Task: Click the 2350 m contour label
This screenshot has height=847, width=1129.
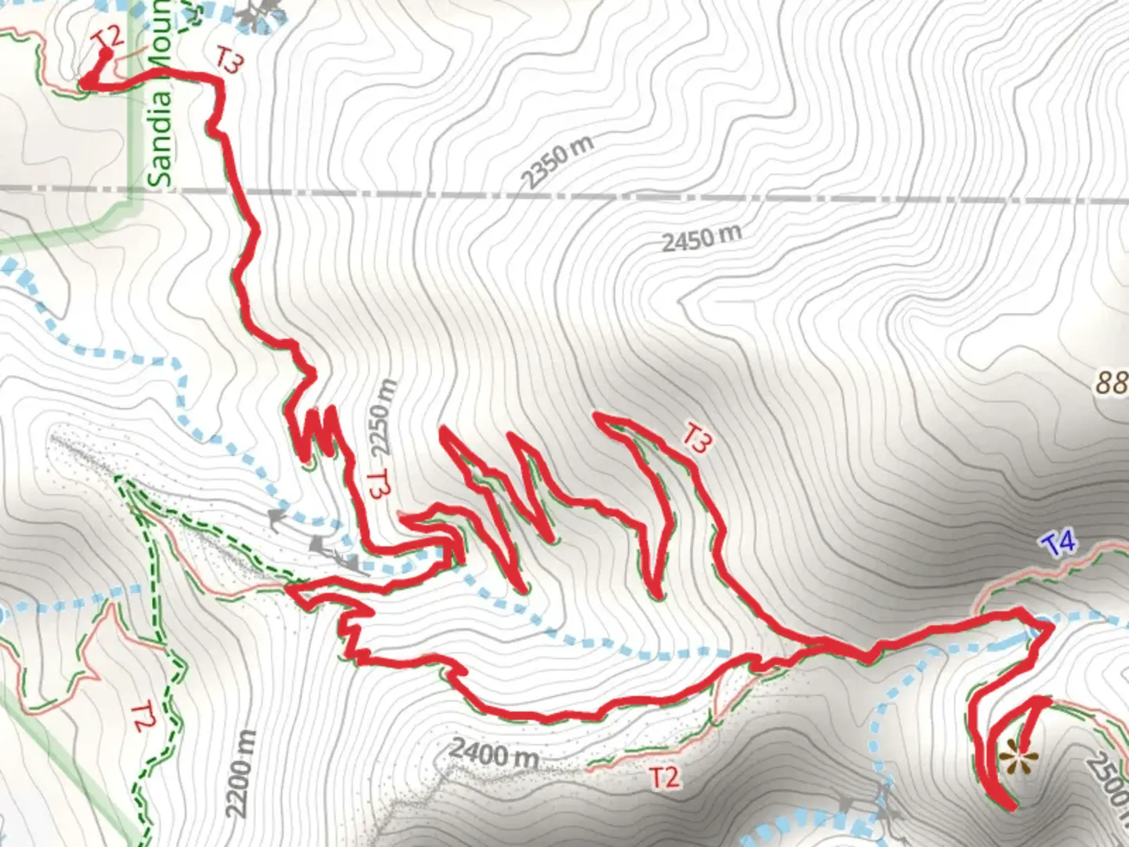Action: [557, 162]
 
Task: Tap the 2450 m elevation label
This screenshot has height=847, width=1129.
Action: [701, 238]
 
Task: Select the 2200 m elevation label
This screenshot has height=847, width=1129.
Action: [243, 772]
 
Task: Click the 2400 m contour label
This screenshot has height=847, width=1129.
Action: [494, 754]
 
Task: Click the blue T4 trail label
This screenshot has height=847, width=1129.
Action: [1059, 543]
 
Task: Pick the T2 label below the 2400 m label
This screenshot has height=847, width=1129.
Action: [663, 777]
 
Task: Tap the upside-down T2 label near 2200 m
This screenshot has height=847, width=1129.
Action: [142, 717]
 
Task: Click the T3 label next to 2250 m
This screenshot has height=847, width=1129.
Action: [379, 484]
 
